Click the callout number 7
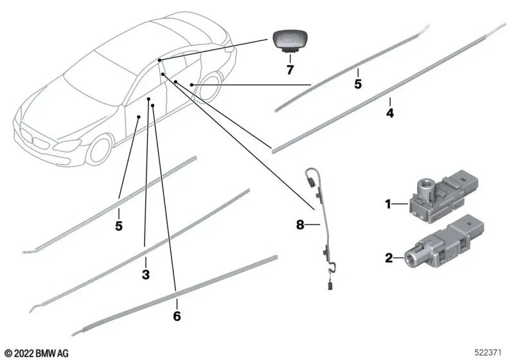pyautogui.click(x=290, y=70)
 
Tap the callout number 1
pyautogui.click(x=388, y=204)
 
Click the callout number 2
pyautogui.click(x=388, y=258)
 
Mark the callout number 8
pyautogui.click(x=299, y=225)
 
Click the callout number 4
pyautogui.click(x=389, y=113)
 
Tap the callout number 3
pyautogui.click(x=145, y=274)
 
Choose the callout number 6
pyautogui.click(x=177, y=316)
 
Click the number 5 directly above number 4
pyautogui.click(x=359, y=84)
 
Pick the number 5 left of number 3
pyautogui.click(x=119, y=226)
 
